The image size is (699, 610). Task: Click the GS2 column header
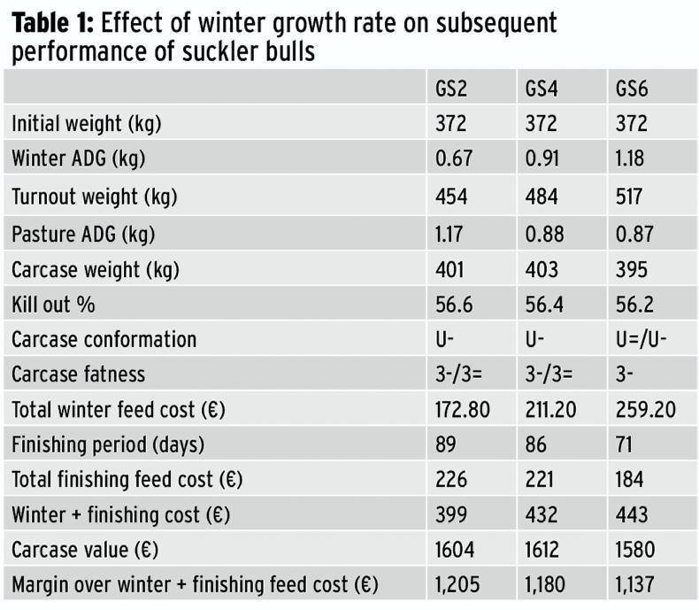[451, 89]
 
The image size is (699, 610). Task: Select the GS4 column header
[542, 89]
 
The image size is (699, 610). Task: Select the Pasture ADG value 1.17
[453, 233]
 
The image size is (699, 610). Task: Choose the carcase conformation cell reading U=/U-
[642, 339]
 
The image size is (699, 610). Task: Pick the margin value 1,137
[638, 584]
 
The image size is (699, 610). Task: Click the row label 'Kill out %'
[53, 304]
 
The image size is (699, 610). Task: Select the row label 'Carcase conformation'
[104, 339]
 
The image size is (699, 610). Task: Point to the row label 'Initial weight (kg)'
[86, 124]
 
